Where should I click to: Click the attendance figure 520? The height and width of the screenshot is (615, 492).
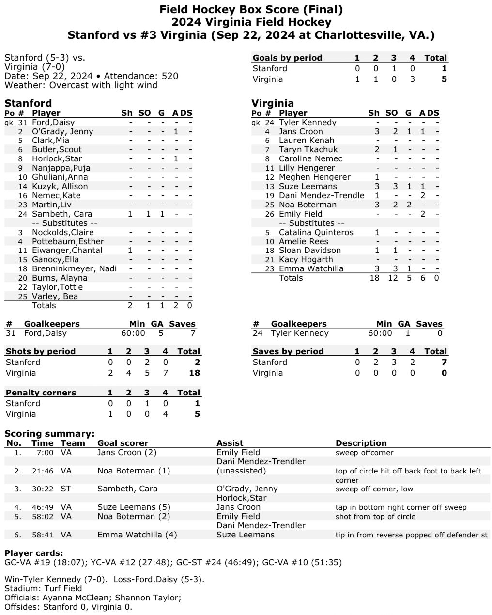tap(169, 76)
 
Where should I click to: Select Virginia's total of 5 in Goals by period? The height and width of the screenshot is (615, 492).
tap(444, 79)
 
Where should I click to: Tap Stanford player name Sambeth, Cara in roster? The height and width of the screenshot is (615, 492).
tap(61, 214)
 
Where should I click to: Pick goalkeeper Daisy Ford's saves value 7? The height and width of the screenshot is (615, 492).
tap(193, 333)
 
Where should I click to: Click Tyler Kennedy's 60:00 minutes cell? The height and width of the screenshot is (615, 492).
tap(380, 333)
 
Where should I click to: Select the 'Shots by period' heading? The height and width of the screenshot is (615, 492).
tap(41, 351)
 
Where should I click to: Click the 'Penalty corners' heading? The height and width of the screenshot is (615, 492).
tap(41, 393)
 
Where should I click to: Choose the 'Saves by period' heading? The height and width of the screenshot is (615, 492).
tap(288, 351)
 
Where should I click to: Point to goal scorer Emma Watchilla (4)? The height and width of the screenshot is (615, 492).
tap(137, 535)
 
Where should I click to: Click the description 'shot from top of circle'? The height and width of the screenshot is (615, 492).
tap(375, 517)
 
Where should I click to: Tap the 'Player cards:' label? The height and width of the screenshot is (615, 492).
tap(33, 553)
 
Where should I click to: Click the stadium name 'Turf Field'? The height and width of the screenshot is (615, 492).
tap(62, 588)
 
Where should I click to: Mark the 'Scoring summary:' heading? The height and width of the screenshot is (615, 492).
tap(49, 433)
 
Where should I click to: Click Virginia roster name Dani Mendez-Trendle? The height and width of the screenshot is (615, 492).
tap(322, 195)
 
